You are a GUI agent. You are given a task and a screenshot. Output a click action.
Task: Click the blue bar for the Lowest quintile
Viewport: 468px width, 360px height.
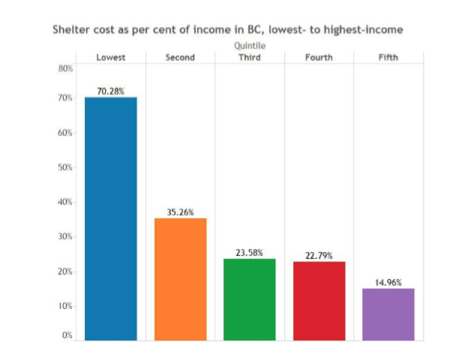tap(110, 218)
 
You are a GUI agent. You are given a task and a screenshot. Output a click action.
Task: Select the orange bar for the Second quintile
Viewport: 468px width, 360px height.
tap(180, 278)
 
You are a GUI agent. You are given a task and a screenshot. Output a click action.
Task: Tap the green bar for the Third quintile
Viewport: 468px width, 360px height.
tap(249, 298)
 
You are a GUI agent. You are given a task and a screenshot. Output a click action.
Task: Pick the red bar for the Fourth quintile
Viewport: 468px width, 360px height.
tap(319, 300)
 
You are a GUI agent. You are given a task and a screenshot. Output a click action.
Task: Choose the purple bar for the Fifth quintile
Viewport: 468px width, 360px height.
tap(388, 313)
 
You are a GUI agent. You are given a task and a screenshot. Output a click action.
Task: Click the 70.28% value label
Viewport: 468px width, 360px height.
tap(111, 91)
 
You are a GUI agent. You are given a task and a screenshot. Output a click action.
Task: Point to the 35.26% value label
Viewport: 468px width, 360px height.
tap(180, 212)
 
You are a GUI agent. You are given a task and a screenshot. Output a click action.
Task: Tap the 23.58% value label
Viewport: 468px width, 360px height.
tap(249, 253)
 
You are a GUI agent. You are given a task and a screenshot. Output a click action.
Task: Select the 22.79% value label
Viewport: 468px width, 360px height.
tap(319, 256)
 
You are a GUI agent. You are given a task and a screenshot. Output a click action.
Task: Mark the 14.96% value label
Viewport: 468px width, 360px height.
tap(388, 283)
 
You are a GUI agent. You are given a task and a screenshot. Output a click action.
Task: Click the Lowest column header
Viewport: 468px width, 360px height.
tap(111, 58)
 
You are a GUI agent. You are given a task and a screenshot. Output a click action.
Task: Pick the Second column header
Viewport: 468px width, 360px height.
tap(180, 58)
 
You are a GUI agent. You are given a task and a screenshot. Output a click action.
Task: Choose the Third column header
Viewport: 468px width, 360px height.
tap(249, 58)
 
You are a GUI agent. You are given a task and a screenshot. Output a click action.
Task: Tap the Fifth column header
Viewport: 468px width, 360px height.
tap(388, 58)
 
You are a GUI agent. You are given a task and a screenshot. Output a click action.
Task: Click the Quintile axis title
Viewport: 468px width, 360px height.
tap(249, 46)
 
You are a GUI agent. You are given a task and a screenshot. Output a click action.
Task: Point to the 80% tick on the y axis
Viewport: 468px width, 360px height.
tap(65, 68)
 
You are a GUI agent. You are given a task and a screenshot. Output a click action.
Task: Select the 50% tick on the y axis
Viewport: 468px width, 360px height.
tap(65, 167)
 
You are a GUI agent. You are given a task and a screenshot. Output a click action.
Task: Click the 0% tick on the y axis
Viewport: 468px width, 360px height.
tap(67, 335)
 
